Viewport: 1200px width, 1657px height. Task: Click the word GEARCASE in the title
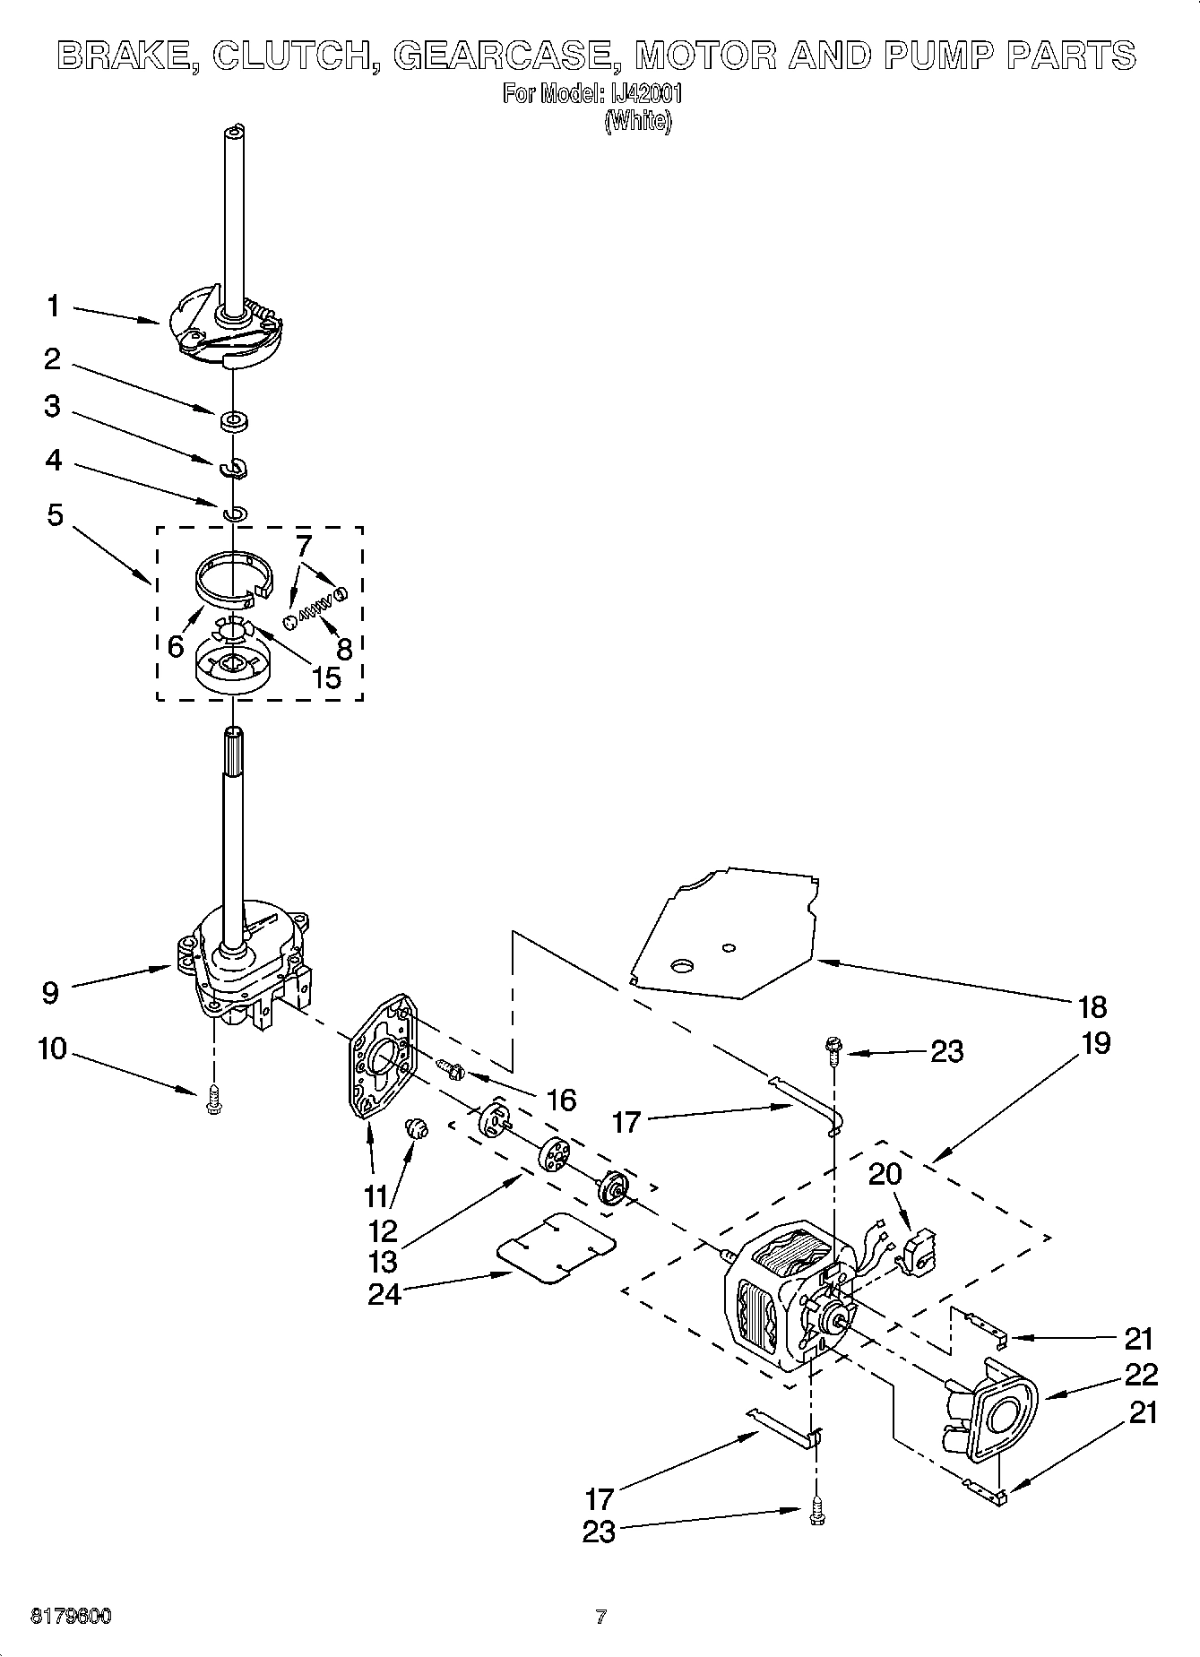coord(503,56)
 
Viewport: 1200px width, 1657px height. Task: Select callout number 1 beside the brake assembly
coord(54,306)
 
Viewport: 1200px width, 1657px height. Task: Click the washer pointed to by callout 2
coord(234,419)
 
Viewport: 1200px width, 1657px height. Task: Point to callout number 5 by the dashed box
coord(56,515)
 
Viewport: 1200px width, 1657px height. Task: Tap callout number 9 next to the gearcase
coord(51,991)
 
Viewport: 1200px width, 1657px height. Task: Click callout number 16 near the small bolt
coord(562,1099)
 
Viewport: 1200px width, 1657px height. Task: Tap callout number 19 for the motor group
coord(1095,1042)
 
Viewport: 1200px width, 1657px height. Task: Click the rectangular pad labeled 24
coord(556,1249)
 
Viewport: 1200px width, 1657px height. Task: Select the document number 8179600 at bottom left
coord(71,1618)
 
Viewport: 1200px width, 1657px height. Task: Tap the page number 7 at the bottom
coord(600,1618)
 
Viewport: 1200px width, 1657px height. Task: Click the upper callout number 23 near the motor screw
coord(947,1050)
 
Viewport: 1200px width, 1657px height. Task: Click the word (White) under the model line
coord(637,121)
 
